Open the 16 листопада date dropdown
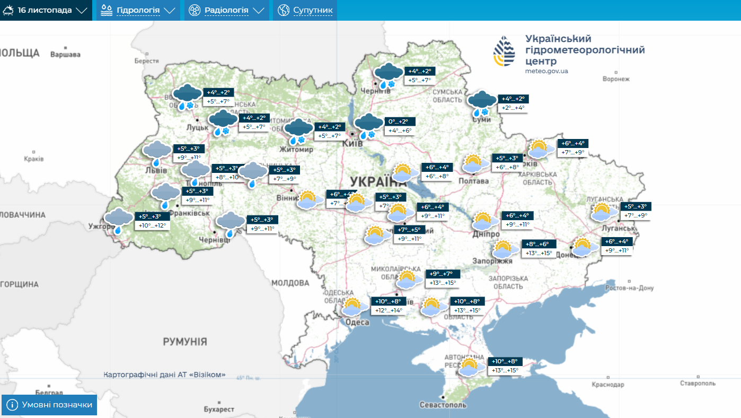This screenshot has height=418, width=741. [x=46, y=10]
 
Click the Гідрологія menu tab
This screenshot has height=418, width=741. [x=137, y=10]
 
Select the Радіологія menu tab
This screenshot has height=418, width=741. [x=226, y=10]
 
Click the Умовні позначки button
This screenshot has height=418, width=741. [x=49, y=405]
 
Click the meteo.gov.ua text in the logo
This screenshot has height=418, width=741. [x=546, y=71]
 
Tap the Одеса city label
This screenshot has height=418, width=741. [x=357, y=323]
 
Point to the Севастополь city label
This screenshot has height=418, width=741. [x=443, y=405]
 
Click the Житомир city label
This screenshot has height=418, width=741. [x=297, y=150]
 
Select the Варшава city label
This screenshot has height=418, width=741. [x=65, y=54]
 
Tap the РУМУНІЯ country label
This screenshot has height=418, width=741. [x=185, y=341]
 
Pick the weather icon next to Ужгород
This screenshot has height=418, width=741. [x=118, y=220]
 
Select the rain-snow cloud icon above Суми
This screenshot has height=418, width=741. [x=482, y=103]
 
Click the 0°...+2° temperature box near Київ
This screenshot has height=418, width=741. [x=400, y=121]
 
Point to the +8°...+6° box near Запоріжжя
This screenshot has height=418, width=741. [x=539, y=244]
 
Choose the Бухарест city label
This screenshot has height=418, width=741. [x=219, y=409]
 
